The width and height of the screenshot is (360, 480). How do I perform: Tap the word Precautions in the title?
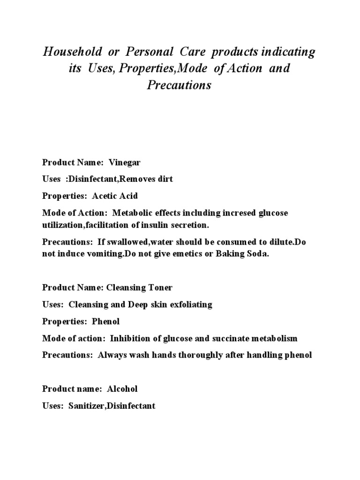pos(180,85)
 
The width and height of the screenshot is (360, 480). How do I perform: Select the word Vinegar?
pos(125,163)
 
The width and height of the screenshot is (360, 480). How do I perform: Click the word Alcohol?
pos(123,389)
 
